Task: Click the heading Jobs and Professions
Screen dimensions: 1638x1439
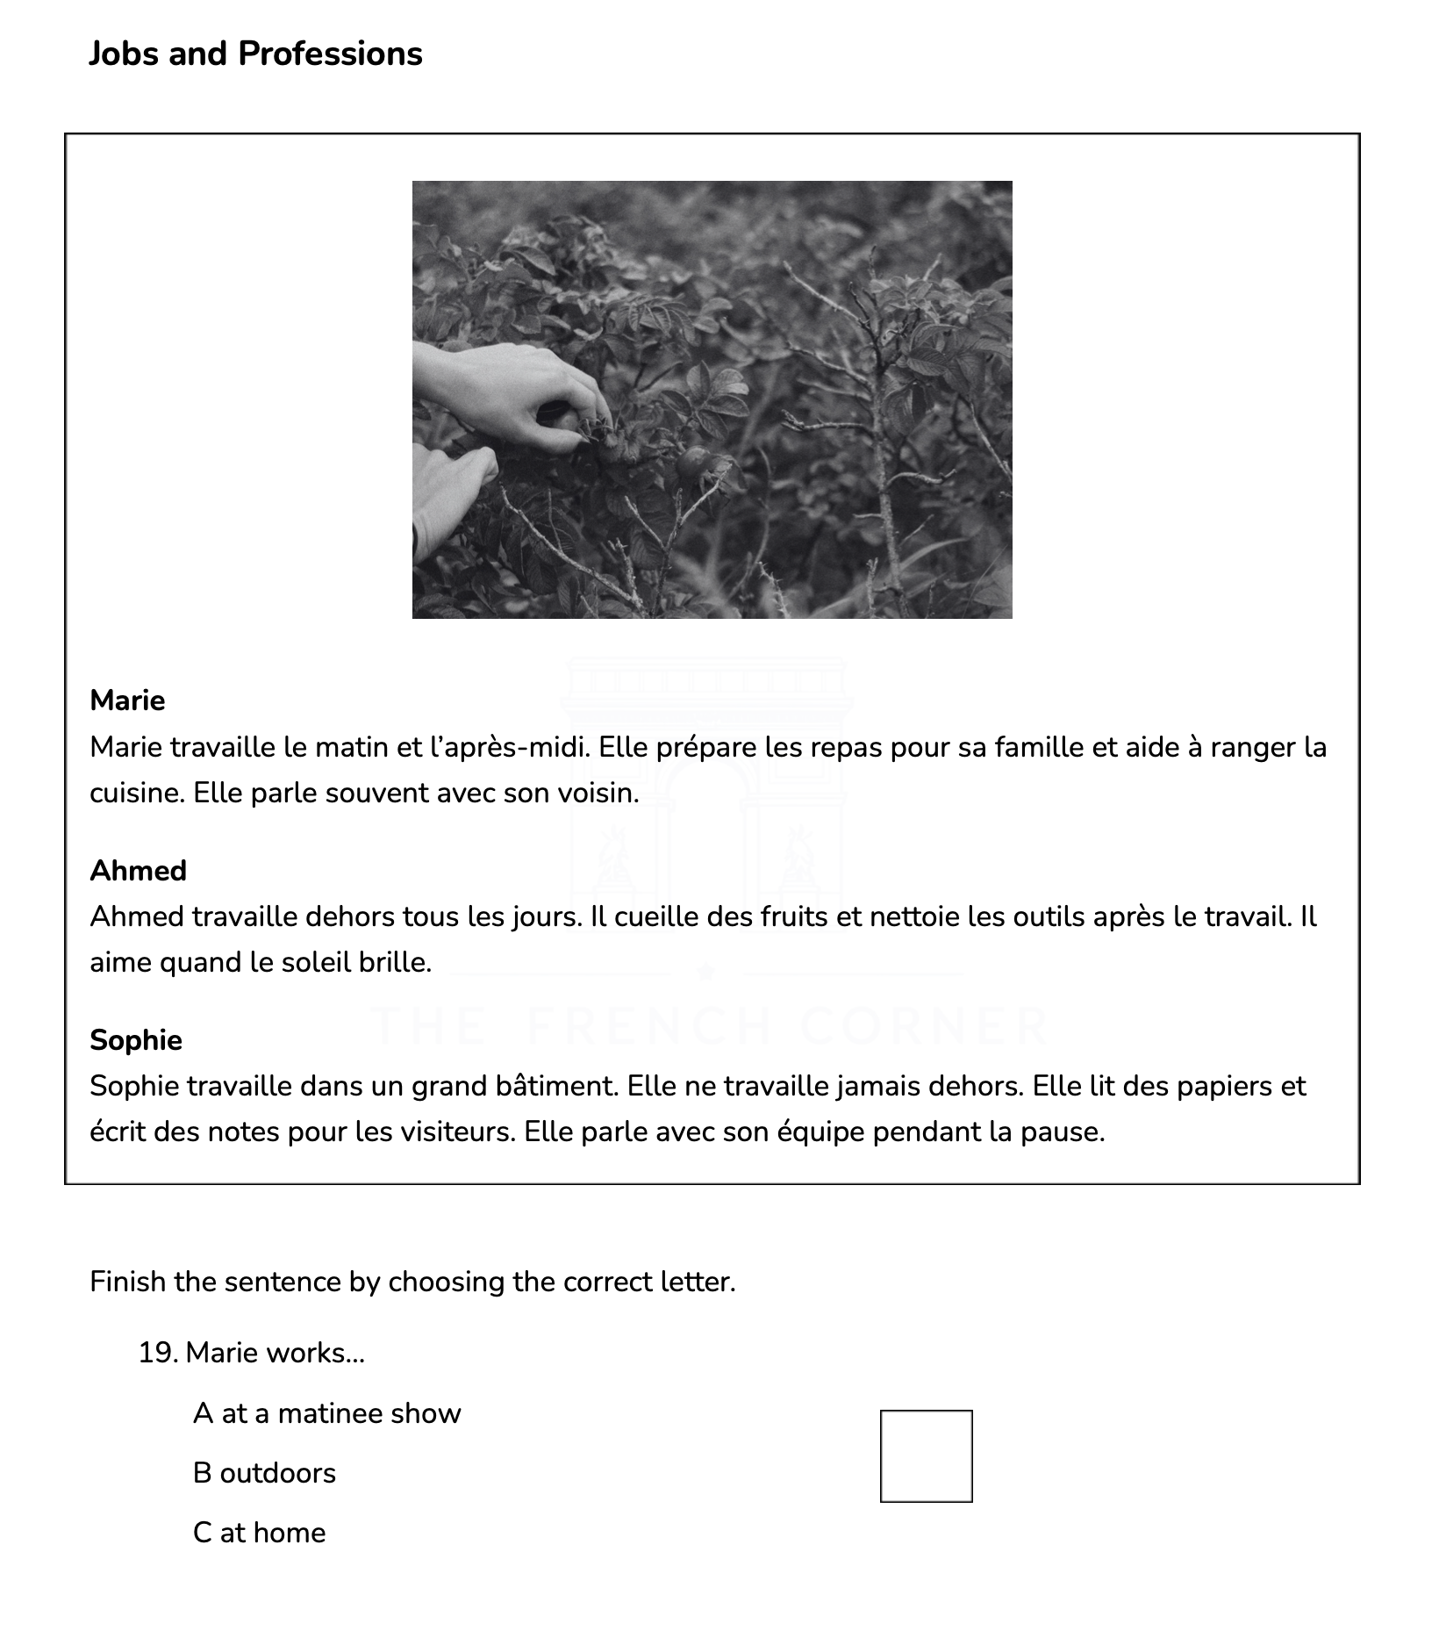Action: click(x=255, y=54)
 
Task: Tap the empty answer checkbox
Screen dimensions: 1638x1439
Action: click(x=926, y=1455)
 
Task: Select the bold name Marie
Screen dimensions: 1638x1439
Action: click(x=127, y=700)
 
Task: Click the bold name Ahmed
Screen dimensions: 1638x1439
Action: click(x=139, y=870)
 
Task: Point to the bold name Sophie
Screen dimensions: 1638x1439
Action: click(x=136, y=1039)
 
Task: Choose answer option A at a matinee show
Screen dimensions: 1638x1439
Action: click(x=326, y=1413)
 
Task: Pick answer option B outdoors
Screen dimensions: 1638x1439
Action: click(x=264, y=1473)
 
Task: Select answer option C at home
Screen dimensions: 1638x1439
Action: click(x=259, y=1533)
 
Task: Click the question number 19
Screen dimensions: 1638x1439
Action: click(x=159, y=1353)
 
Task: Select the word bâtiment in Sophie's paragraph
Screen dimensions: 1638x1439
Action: click(x=563, y=1086)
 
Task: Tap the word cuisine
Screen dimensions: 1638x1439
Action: click(x=137, y=793)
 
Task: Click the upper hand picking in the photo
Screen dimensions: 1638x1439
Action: click(x=518, y=395)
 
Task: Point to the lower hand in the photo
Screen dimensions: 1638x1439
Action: click(x=452, y=492)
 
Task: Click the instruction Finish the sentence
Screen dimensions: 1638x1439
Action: click(x=412, y=1282)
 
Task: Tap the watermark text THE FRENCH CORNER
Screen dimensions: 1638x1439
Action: click(x=709, y=1024)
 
